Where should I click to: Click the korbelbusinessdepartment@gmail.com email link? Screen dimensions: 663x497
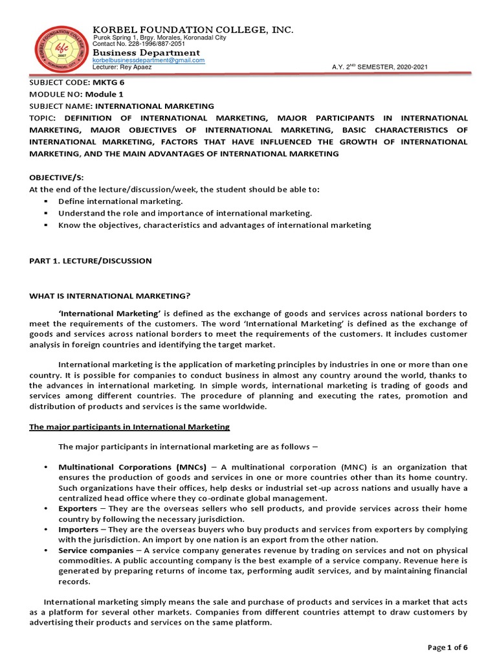[149, 60]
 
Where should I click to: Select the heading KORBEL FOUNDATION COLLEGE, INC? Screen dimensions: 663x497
[193, 30]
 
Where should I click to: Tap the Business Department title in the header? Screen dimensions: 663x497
[146, 52]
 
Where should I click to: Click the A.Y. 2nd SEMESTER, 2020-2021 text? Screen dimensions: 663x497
[379, 67]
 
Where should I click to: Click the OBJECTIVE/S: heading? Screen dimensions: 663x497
[57, 177]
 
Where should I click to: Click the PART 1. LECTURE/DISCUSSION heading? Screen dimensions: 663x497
[91, 260]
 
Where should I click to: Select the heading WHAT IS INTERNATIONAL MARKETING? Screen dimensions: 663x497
[110, 296]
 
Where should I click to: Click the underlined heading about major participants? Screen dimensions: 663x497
[129, 427]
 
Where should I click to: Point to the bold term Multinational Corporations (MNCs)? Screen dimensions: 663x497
[133, 466]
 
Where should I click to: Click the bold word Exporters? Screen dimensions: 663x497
[78, 509]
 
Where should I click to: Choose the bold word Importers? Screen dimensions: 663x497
[78, 529]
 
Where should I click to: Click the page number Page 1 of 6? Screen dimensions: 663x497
[447, 647]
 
